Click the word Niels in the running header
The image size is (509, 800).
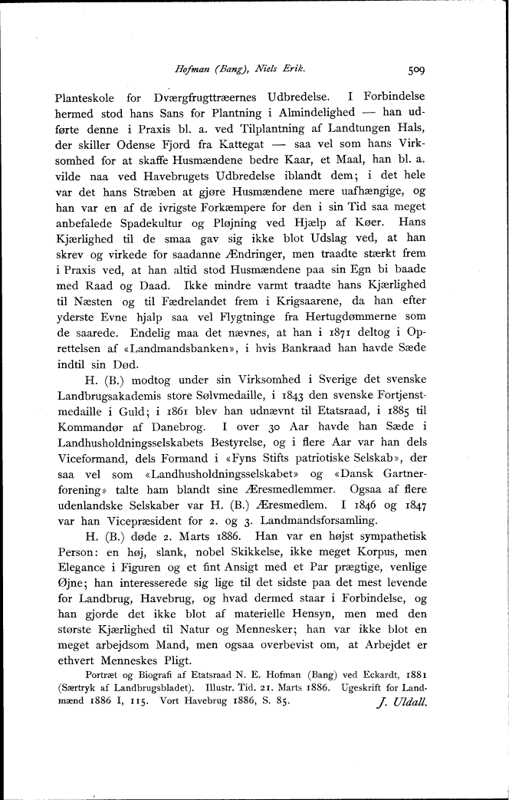point(277,69)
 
